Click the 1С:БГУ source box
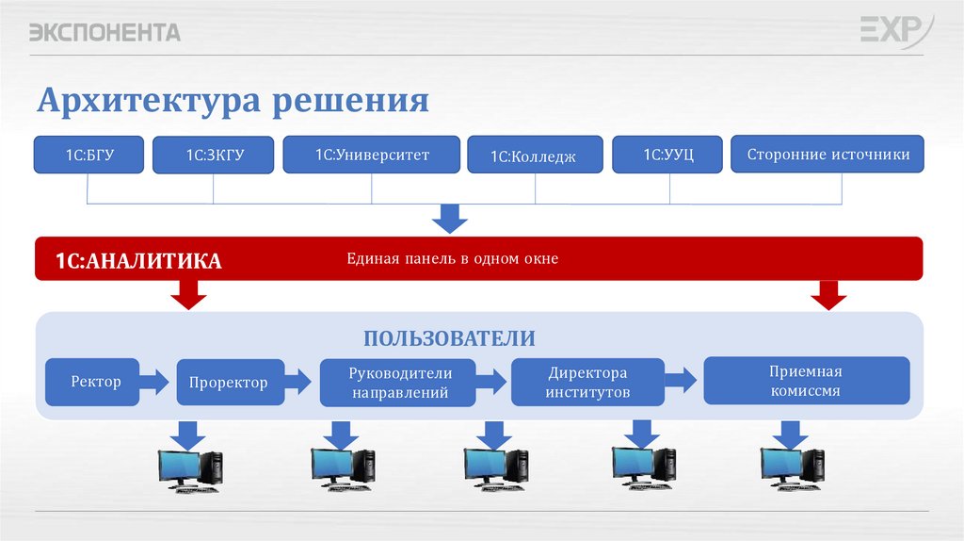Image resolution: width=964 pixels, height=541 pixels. [88, 156]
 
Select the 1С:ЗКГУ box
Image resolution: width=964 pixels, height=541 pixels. [214, 156]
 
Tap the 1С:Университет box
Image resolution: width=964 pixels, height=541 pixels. [371, 155]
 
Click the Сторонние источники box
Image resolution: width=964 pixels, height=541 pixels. [827, 155]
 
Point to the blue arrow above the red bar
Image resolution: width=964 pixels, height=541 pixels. [450, 220]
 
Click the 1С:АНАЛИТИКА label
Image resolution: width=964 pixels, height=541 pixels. [138, 261]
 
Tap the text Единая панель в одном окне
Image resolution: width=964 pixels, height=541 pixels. [452, 258]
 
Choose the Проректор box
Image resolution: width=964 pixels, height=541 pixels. [229, 383]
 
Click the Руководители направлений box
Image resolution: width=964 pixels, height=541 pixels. [398, 382]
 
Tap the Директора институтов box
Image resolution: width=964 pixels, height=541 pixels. [587, 382]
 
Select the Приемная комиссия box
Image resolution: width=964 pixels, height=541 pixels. [806, 381]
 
